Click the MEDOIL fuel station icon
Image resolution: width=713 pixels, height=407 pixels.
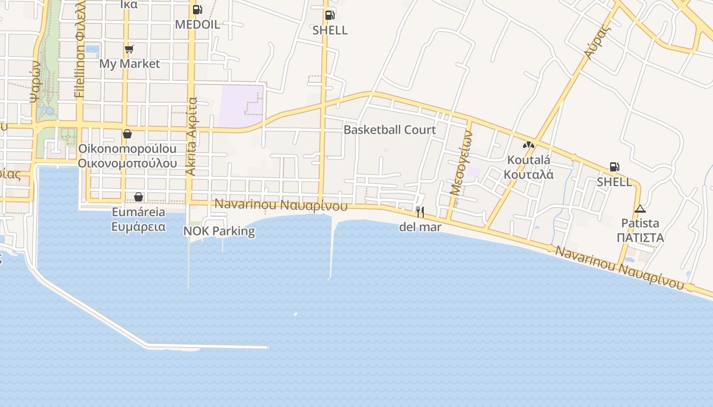(197, 9)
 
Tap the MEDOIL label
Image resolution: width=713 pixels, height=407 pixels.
(198, 24)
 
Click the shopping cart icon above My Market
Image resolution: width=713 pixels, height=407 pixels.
(129, 49)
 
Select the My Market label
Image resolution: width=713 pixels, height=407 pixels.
(129, 64)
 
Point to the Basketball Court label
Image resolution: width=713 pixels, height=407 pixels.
(390, 130)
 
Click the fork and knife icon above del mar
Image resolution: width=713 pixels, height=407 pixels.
(420, 212)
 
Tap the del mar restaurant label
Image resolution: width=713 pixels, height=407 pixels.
(420, 227)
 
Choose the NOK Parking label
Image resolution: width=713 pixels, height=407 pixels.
(219, 231)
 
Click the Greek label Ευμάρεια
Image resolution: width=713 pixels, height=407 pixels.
(139, 226)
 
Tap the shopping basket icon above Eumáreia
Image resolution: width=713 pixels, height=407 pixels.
(139, 197)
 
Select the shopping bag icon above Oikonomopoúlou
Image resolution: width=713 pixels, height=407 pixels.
(127, 134)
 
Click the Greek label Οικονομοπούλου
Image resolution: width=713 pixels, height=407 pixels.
(127, 163)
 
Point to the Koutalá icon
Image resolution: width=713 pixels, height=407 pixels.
(529, 145)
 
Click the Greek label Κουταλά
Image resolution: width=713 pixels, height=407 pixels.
(529, 174)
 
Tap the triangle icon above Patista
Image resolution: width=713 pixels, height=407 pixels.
(640, 209)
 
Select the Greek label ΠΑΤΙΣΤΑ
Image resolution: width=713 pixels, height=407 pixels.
(640, 238)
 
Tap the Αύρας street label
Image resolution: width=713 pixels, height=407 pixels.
(597, 41)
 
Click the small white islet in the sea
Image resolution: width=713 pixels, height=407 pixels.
(295, 314)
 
